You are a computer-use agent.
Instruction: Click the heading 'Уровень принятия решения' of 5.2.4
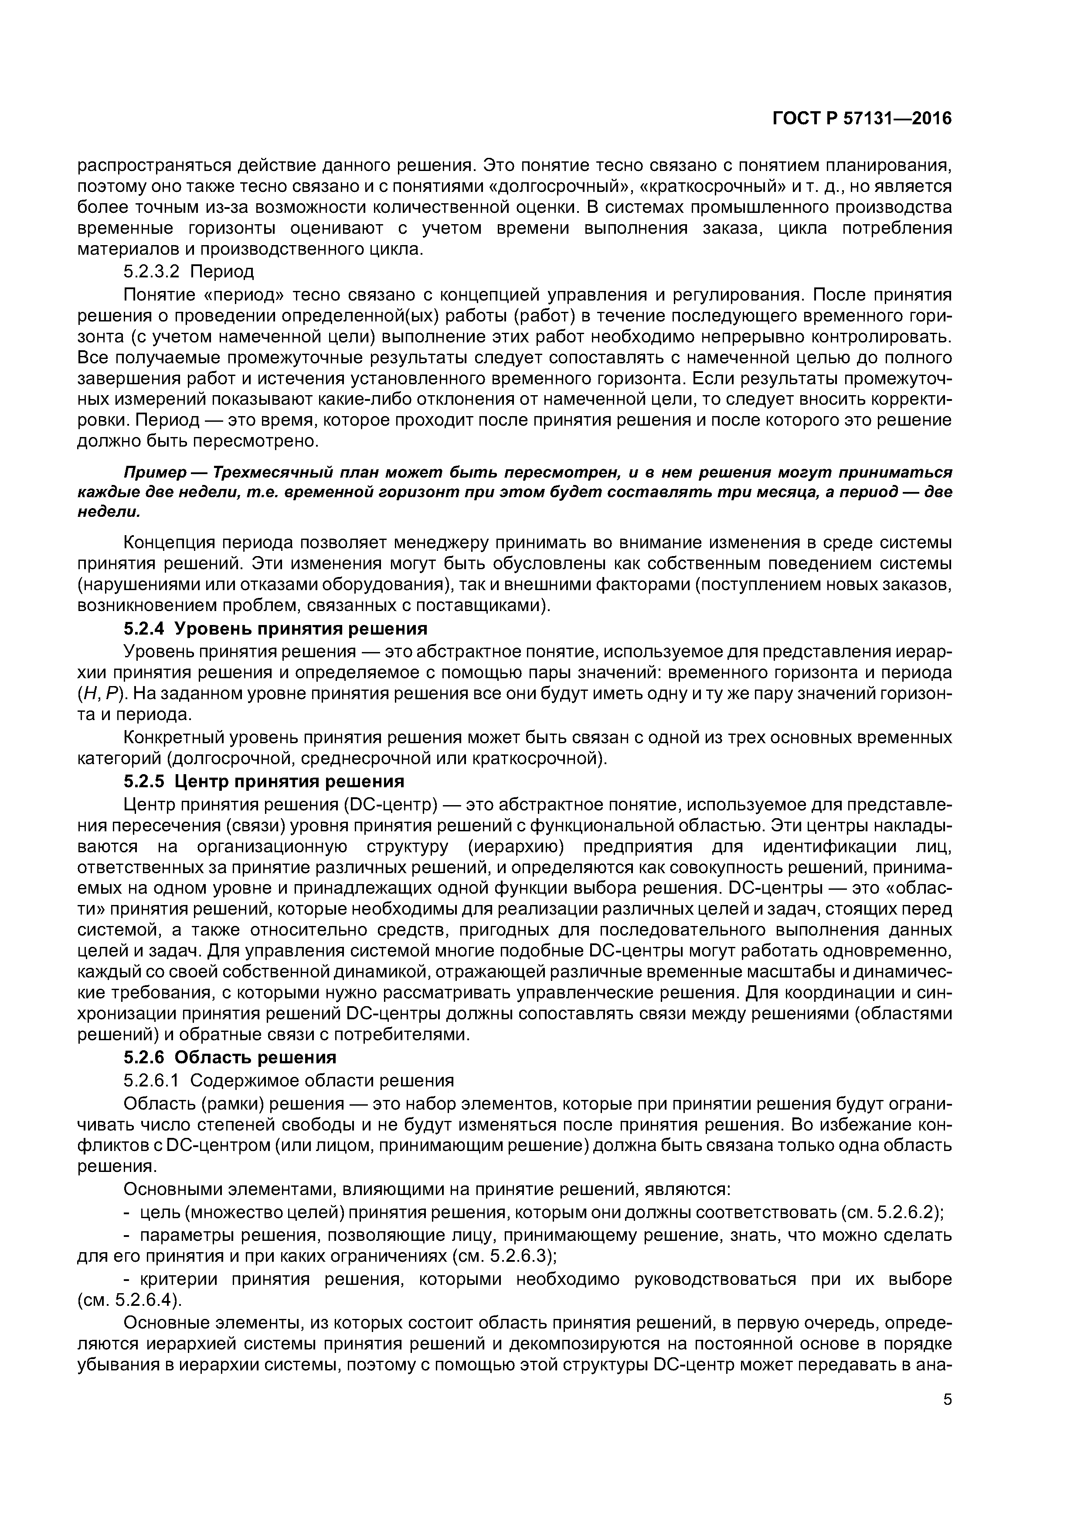(305, 628)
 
